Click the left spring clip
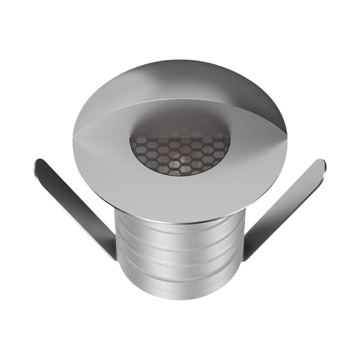75,205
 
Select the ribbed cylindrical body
180,255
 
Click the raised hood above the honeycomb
180,80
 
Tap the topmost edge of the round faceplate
180,61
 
